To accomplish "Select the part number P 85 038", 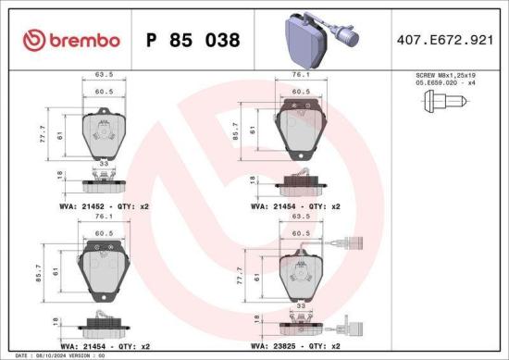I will coord(192,40).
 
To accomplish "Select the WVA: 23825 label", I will coord(275,346).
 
